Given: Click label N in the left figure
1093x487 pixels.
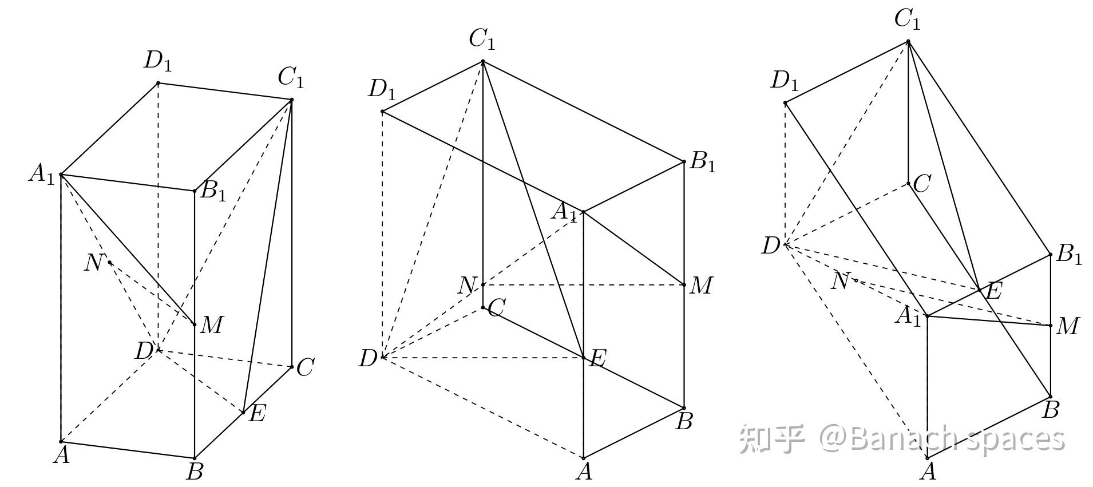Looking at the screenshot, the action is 93,263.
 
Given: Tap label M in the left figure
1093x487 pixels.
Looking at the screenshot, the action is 211,325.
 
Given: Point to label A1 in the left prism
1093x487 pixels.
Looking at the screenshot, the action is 42,175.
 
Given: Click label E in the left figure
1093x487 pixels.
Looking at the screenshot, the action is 257,413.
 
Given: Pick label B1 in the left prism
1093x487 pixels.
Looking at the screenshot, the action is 213,192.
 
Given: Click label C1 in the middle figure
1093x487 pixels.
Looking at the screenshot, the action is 482,39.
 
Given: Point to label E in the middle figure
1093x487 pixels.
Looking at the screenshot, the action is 597,359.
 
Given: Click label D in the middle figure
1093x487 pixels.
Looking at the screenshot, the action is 368,359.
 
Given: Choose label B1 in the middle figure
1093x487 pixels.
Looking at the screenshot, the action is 703,163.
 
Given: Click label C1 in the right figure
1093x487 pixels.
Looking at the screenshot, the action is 907,20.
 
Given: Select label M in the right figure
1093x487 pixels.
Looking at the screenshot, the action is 1067,327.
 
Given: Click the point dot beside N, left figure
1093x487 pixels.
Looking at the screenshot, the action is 110,262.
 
